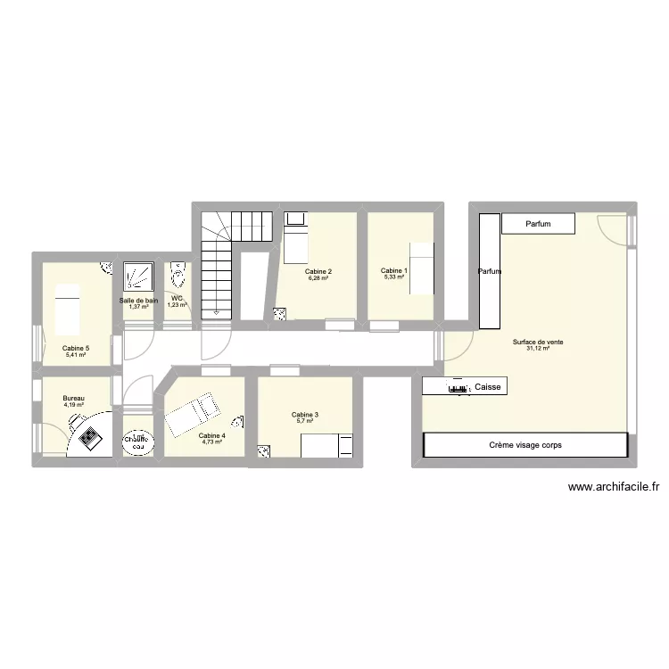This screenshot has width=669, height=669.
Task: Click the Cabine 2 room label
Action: (x=318, y=271)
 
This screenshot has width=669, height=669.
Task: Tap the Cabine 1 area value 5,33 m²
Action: (x=393, y=277)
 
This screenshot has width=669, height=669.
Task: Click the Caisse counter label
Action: (x=489, y=387)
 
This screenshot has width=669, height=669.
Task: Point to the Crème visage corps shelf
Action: (x=525, y=444)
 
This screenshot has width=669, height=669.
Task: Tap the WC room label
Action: (x=177, y=299)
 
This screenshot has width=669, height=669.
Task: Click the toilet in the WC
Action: (x=178, y=273)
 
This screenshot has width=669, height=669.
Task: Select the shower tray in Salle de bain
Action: (x=138, y=276)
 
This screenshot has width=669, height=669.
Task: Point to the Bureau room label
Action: (x=73, y=399)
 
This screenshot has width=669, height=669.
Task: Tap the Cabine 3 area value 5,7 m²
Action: (x=305, y=421)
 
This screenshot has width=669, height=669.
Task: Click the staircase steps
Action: (x=218, y=268)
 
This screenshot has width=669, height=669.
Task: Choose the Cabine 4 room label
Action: (x=211, y=435)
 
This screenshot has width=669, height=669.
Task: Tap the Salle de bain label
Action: (x=138, y=301)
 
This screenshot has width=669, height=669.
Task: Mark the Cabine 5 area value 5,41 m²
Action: (x=75, y=355)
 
